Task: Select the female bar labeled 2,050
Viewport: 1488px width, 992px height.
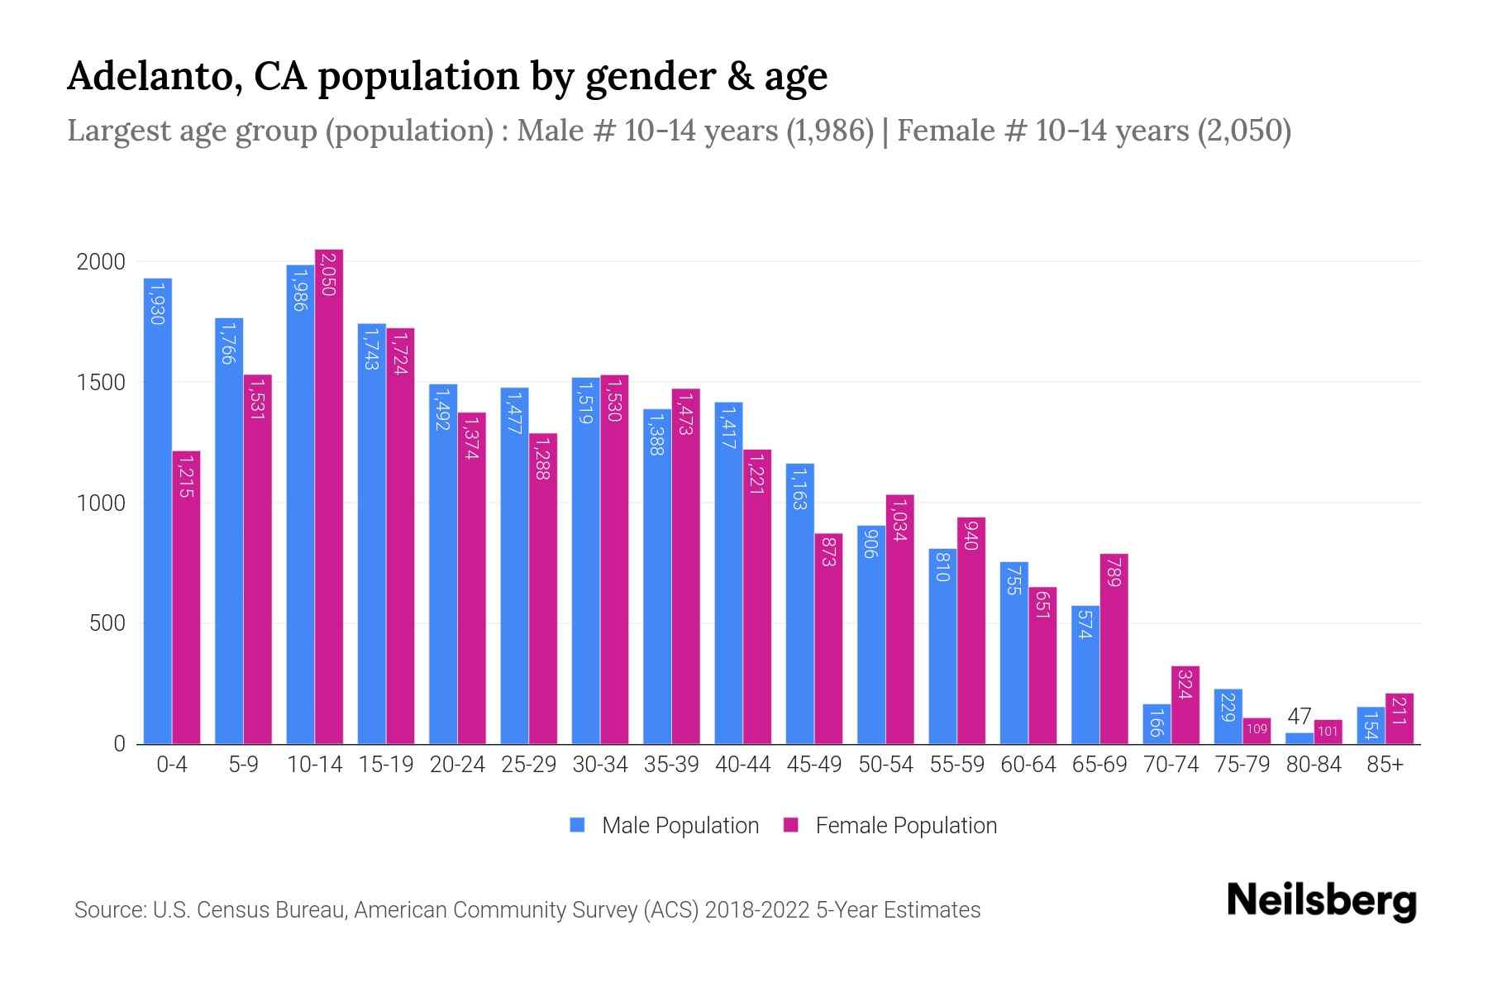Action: tap(329, 496)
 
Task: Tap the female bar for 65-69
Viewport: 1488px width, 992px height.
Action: tap(1114, 649)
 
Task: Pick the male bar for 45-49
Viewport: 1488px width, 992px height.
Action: tap(799, 603)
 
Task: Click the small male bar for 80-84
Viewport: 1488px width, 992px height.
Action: tap(1300, 738)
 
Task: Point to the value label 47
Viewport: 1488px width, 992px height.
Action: tap(1300, 716)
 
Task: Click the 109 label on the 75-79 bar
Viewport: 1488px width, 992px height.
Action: tap(1257, 729)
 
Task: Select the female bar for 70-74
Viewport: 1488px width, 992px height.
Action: tap(1185, 705)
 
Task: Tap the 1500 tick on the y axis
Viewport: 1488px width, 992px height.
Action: tap(101, 383)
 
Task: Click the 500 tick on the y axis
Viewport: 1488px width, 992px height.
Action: tap(107, 623)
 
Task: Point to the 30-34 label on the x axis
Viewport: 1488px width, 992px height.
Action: tap(600, 765)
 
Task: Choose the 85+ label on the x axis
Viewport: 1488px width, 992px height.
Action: tap(1385, 765)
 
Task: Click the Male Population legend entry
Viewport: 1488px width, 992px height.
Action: tap(665, 825)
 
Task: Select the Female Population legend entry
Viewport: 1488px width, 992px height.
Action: tap(891, 825)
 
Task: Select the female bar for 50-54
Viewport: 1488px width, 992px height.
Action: tap(899, 619)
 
